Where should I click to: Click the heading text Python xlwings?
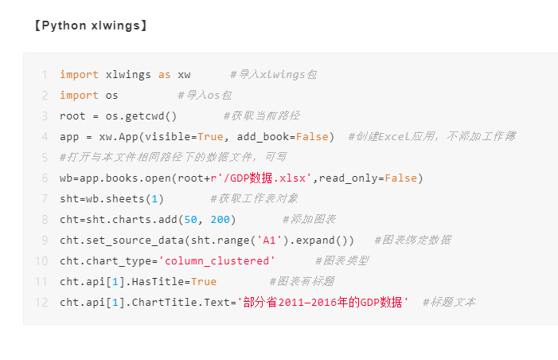(91, 25)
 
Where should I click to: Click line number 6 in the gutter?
(45, 178)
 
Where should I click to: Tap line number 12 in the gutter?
(41, 303)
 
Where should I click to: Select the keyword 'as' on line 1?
(165, 75)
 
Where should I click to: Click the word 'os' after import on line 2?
(111, 96)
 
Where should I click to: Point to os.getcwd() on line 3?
(141, 116)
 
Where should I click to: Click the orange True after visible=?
(210, 137)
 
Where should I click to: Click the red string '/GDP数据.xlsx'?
(263, 178)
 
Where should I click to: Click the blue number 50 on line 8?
(191, 219)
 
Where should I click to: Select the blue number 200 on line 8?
(220, 219)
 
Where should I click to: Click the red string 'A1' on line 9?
(269, 241)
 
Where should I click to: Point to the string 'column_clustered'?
(217, 261)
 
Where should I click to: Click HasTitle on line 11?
(158, 282)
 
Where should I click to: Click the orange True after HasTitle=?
(204, 282)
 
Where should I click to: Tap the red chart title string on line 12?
(322, 303)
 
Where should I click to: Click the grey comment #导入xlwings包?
(273, 74)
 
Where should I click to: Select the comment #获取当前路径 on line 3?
(262, 115)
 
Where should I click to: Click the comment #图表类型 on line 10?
(342, 260)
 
